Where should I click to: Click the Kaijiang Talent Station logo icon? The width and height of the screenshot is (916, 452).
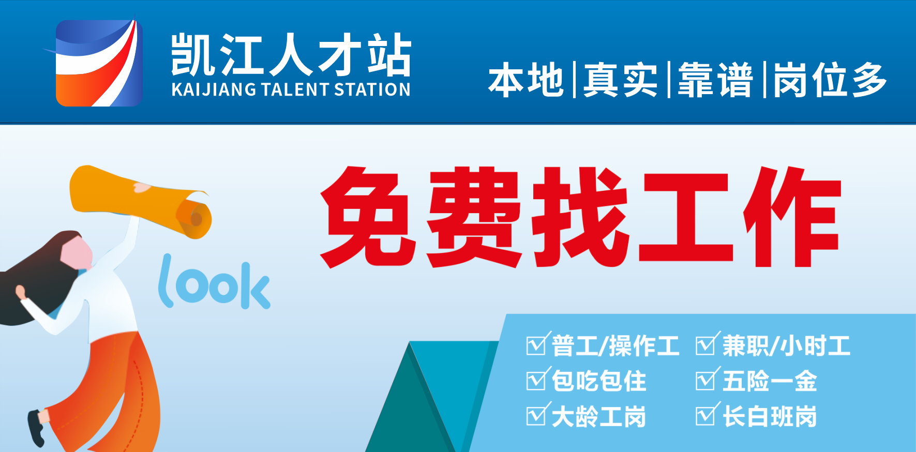coord(98,63)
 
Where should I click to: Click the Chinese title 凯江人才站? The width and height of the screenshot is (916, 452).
coord(291,54)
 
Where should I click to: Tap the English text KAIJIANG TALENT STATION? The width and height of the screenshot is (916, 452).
coord(291,89)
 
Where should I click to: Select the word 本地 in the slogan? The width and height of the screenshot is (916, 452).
coord(525,80)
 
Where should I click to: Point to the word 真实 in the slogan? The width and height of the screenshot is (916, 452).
coord(621,80)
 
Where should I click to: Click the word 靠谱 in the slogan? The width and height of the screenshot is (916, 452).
coord(715,80)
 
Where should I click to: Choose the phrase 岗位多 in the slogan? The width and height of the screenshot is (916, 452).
coord(830,80)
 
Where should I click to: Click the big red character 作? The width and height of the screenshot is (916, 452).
coord(792,217)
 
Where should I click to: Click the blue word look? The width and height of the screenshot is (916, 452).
coord(214,282)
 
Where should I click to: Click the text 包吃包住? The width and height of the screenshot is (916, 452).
coord(599,381)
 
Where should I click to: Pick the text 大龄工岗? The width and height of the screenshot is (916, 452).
coord(599,416)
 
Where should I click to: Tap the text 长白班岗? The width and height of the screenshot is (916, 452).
coord(770,416)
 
